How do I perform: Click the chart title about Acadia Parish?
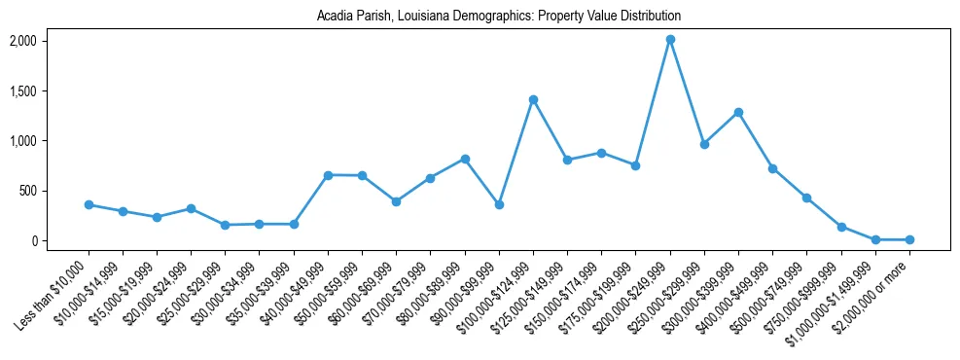click(x=499, y=17)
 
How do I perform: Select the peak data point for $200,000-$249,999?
click(x=670, y=40)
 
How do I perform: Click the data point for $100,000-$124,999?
click(x=533, y=99)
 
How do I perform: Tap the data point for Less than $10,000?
click(x=89, y=204)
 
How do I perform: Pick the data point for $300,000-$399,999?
click(x=738, y=112)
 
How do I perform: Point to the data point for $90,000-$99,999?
click(x=499, y=204)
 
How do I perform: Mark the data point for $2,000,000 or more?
click(x=909, y=239)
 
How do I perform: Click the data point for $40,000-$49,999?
click(x=328, y=175)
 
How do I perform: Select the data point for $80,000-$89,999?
click(x=465, y=159)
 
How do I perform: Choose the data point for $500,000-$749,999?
click(x=806, y=198)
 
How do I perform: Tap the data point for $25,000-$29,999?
click(x=225, y=225)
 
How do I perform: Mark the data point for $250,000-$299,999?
click(x=704, y=144)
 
